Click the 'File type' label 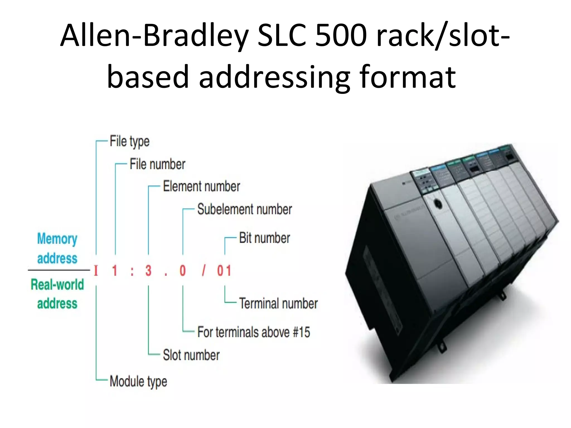pos(129,141)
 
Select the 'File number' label pos(157,164)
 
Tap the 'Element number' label pos(201,186)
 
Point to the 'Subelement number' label pos(245,209)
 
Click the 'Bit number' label pos(264,238)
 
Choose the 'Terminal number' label pos(278,303)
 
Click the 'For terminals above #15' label pos(253,332)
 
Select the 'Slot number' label pos(191,355)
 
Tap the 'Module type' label pos(138,381)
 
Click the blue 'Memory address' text pos(57,248)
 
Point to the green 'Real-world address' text pos(57,294)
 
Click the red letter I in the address pos(96,271)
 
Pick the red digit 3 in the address pos(148,271)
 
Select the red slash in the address pos(204,271)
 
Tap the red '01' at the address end pos(224,271)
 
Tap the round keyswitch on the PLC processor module pos(438,204)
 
